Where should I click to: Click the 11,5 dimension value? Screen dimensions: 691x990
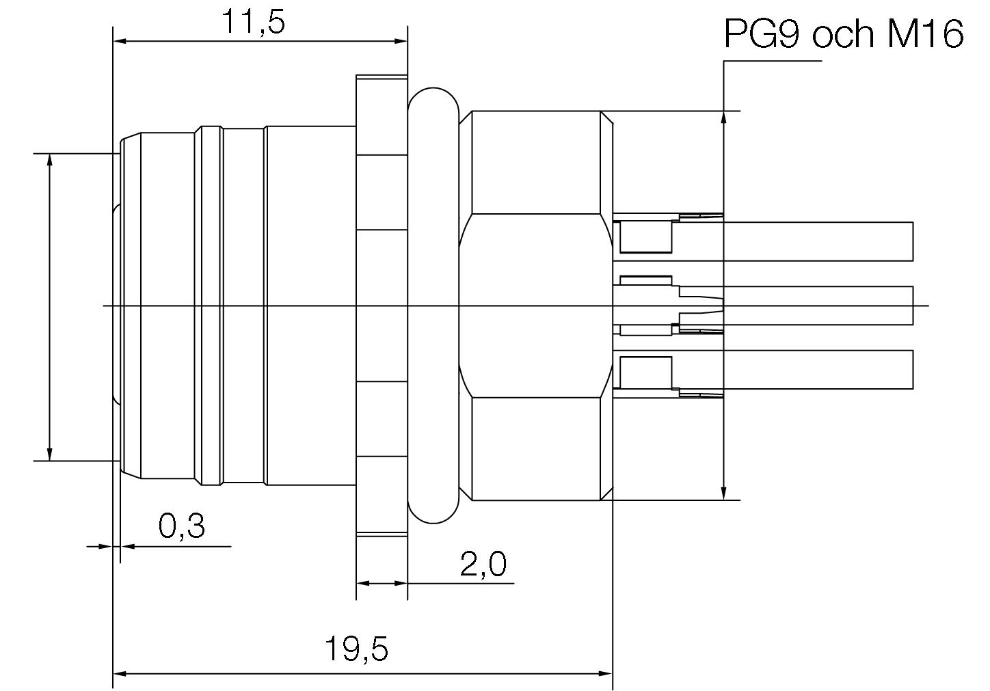pyautogui.click(x=252, y=22)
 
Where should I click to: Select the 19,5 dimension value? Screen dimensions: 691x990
pyautogui.click(x=356, y=649)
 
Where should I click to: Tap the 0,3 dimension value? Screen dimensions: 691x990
pyautogui.click(x=182, y=526)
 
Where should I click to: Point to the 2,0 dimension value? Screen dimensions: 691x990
pyautogui.click(x=483, y=565)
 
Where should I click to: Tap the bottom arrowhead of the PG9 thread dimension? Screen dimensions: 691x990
pyautogui.click(x=723, y=493)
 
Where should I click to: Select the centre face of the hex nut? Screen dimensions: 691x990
pyautogui.click(x=535, y=306)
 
